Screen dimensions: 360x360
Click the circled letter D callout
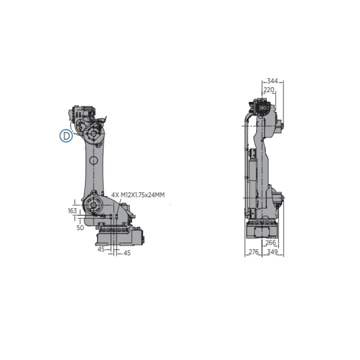(x=66, y=136)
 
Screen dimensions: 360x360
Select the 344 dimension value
(x=272, y=81)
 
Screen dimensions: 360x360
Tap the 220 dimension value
(x=269, y=90)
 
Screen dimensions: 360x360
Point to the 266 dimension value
(x=270, y=242)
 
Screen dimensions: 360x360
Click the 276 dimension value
(x=254, y=252)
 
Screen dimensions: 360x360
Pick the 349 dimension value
(x=272, y=252)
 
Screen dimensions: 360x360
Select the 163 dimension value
(x=72, y=211)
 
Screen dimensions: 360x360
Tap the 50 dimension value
(x=80, y=228)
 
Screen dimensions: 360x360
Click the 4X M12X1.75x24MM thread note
(x=138, y=195)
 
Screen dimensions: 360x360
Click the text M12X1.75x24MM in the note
(x=143, y=195)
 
